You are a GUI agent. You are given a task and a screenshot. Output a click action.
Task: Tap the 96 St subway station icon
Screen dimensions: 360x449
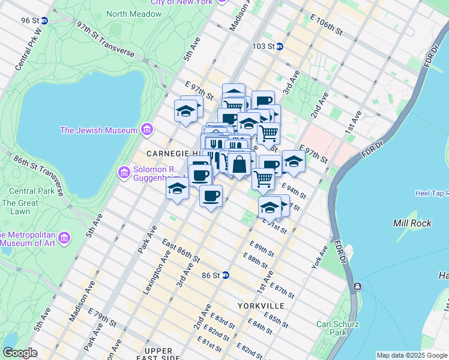(x=44, y=20)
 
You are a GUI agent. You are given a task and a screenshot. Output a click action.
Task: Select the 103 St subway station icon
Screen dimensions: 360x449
(x=280, y=46)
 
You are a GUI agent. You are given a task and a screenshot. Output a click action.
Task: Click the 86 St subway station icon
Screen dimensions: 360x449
(x=226, y=275)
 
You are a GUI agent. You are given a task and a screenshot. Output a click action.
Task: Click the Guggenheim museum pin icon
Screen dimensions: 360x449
(x=124, y=173)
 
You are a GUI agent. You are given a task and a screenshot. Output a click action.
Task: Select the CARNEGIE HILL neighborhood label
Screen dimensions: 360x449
(x=172, y=153)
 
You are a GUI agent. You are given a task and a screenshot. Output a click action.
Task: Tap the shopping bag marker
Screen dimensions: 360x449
(x=239, y=164)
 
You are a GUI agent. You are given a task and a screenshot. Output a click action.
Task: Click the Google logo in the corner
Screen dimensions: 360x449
(x=20, y=353)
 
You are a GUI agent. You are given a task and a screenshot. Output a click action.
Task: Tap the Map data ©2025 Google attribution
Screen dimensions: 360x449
(x=411, y=355)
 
